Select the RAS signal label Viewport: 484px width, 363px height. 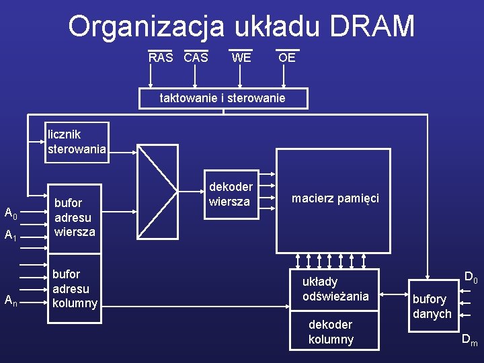pyautogui.click(x=161, y=58)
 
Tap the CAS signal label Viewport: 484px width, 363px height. pyautogui.click(x=196, y=58)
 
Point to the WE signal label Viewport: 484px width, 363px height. pyautogui.click(x=241, y=58)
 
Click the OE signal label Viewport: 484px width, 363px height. pyautogui.click(x=287, y=58)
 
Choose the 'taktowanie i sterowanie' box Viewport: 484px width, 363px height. pyautogui.click(x=223, y=98)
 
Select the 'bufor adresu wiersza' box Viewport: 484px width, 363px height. pyautogui.click(x=75, y=217)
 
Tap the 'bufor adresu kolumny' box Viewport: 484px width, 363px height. pyautogui.click(x=75, y=288)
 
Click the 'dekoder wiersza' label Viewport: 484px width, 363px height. pyautogui.click(x=231, y=194)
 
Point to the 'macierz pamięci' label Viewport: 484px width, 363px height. pyautogui.click(x=335, y=198)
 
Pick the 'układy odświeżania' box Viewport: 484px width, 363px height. pyautogui.click(x=335, y=289)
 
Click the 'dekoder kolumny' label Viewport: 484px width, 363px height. pyautogui.click(x=331, y=332)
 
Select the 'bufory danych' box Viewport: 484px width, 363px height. pyautogui.click(x=432, y=307)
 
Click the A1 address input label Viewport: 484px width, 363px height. pyautogui.click(x=11, y=236)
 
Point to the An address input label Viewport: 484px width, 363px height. pyautogui.click(x=11, y=301)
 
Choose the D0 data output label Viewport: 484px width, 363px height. pyautogui.click(x=471, y=277)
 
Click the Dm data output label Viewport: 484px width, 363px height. pyautogui.click(x=469, y=341)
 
